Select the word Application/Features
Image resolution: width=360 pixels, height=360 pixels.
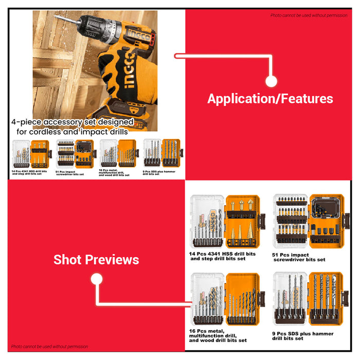270,99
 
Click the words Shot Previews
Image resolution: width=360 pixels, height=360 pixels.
96,260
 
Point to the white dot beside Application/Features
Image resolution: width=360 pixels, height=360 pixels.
272,81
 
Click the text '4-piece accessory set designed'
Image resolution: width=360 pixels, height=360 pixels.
73,122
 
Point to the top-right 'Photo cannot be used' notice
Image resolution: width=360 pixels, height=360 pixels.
309,15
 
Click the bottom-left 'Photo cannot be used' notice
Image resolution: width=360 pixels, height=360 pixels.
49,347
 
